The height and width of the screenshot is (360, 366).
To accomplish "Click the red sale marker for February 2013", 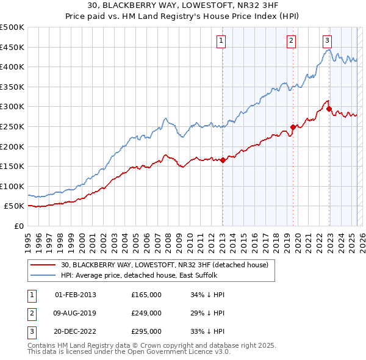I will [223, 160].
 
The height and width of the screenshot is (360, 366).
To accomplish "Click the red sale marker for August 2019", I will [293, 127].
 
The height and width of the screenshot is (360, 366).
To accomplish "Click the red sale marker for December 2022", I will [329, 109].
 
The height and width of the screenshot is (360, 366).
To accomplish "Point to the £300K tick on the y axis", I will [13, 107].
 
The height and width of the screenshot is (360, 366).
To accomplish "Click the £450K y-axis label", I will [13, 47].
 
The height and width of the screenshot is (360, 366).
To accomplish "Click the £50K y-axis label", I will [15, 206].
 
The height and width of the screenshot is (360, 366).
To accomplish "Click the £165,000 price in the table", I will [146, 295].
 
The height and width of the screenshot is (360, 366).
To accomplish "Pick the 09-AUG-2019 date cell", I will [76, 313].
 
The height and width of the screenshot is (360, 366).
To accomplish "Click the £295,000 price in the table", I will [146, 332].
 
